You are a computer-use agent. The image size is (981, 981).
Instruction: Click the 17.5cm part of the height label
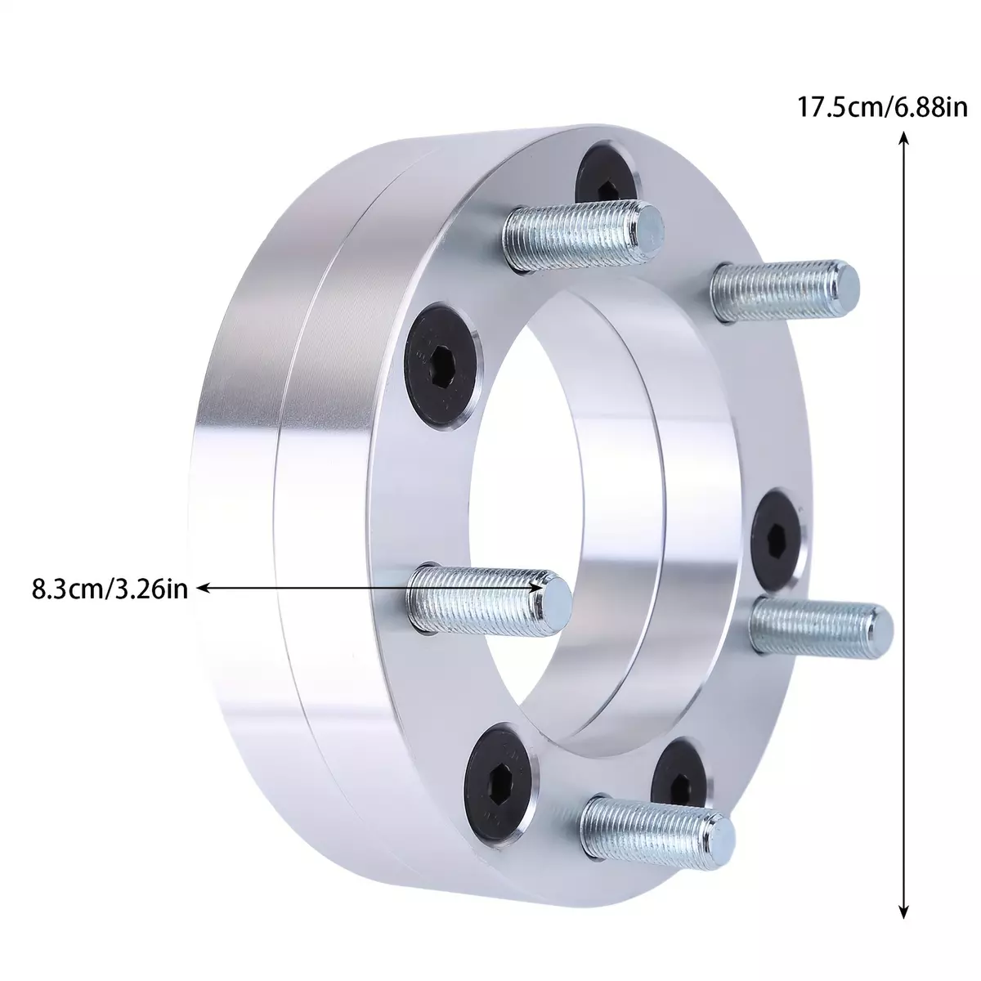(x=840, y=108)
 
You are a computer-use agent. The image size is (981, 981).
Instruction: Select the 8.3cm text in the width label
(x=67, y=589)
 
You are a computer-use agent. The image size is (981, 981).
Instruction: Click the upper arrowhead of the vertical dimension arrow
(x=903, y=138)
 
